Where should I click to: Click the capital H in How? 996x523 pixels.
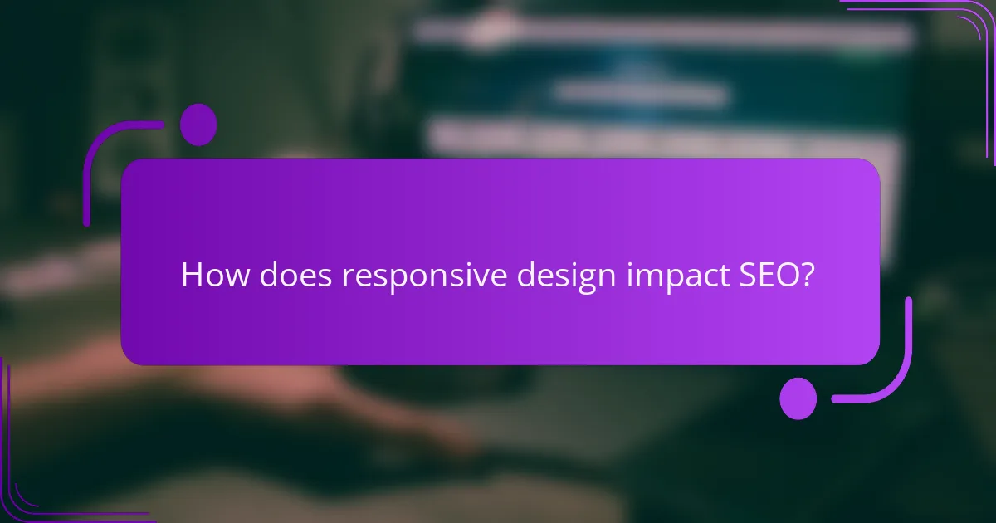(x=191, y=276)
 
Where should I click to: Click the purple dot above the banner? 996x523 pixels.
(x=198, y=125)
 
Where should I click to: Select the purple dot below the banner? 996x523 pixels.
(x=798, y=398)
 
